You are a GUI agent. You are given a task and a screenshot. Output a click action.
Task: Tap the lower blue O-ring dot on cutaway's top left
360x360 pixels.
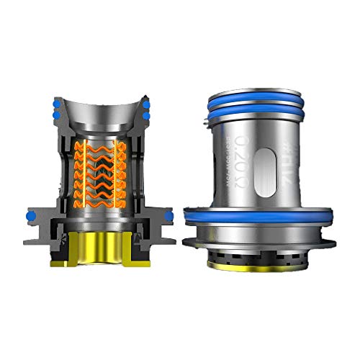(55, 115)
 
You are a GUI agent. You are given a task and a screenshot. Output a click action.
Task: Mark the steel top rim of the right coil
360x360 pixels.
(255, 81)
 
